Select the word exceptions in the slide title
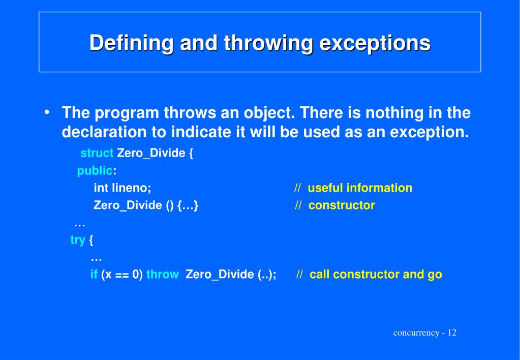point(375,43)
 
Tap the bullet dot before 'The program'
point(47,112)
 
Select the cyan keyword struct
point(97,154)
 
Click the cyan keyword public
point(95,171)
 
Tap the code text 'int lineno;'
point(123,188)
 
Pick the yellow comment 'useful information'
point(360,188)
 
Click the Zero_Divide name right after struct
point(151,154)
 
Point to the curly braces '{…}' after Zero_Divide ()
point(188,205)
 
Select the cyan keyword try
point(78,240)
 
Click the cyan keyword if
point(94,275)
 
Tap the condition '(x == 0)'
point(122,275)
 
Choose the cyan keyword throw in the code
point(162,275)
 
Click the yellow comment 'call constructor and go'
point(376,275)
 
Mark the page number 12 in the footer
point(452,333)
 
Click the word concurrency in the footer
point(416,333)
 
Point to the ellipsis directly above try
point(79,224)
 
